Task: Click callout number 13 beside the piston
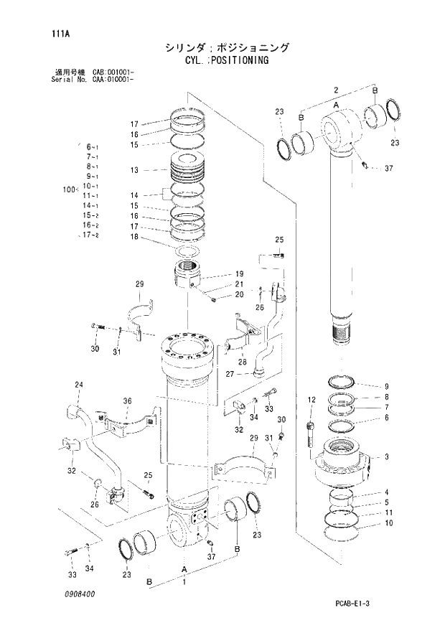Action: click(x=134, y=170)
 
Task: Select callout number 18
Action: click(x=134, y=237)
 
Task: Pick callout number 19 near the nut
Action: click(x=239, y=273)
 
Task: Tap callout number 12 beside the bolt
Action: click(x=311, y=400)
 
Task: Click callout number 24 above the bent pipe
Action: click(x=79, y=385)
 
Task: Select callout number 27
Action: click(x=229, y=373)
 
